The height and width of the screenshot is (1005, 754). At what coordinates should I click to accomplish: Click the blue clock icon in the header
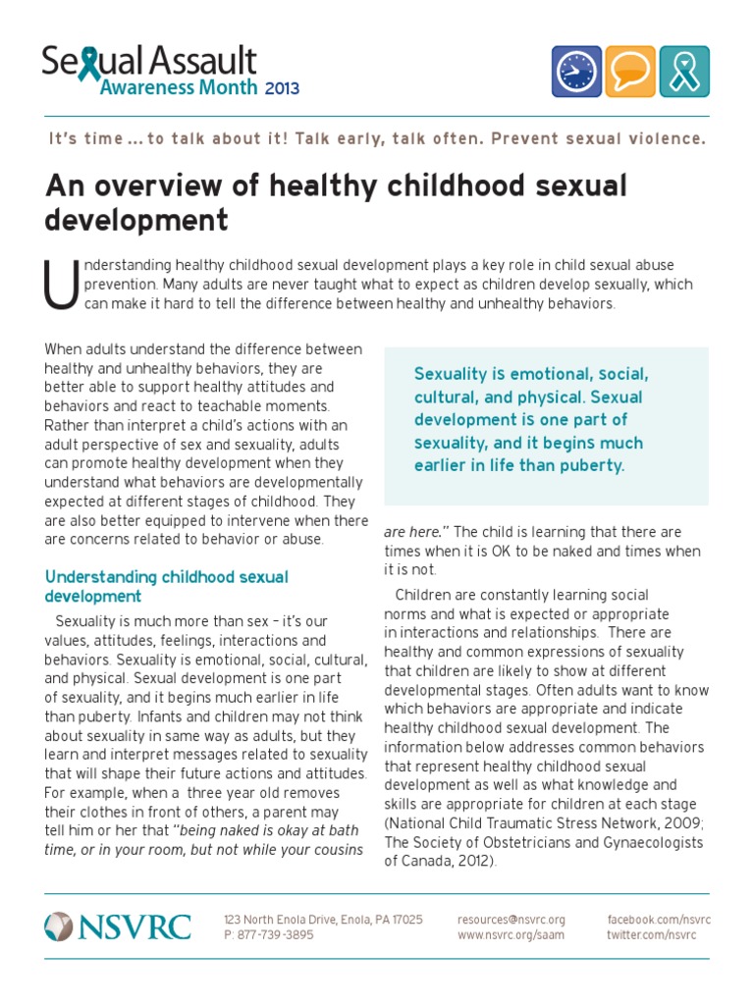pyautogui.click(x=576, y=71)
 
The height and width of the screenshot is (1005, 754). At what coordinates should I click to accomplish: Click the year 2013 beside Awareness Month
pyautogui.click(x=281, y=88)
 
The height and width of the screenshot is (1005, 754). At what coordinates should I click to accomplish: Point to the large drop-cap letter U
pyautogui.click(x=60, y=286)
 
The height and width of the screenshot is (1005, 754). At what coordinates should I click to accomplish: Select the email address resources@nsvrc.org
pyautogui.click(x=511, y=920)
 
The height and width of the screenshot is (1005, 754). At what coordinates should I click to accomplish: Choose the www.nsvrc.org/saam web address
pyautogui.click(x=511, y=935)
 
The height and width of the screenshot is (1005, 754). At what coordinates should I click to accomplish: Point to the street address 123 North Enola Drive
pyautogui.click(x=280, y=920)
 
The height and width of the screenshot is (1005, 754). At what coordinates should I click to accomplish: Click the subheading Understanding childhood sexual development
pyautogui.click(x=167, y=587)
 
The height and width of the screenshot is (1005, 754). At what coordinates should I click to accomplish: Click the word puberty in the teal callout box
pyautogui.click(x=589, y=465)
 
